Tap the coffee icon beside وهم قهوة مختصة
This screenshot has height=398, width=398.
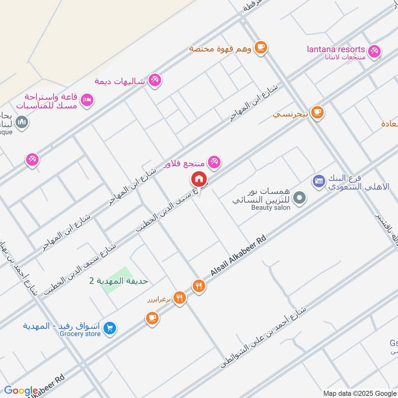click(260, 47)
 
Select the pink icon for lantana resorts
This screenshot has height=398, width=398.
click(374, 50)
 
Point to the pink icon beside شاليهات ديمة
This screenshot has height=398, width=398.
click(155, 80)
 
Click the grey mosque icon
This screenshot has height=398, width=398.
click(21, 121)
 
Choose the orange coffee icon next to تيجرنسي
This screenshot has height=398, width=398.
click(317, 113)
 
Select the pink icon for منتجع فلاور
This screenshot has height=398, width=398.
click(214, 161)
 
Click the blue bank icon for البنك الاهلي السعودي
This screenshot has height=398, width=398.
click(319, 180)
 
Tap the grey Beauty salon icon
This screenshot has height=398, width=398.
click(299, 199)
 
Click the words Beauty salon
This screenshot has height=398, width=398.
click(271, 207)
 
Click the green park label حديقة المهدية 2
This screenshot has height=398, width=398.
click(119, 281)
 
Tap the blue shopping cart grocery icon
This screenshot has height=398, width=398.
click(110, 328)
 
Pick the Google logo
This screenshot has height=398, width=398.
click(21, 391)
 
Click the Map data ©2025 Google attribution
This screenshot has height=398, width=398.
click(359, 393)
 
